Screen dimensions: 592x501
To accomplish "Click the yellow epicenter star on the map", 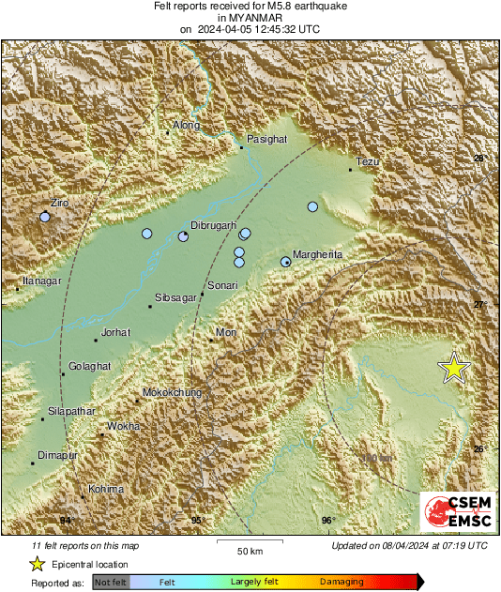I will pos(454,368).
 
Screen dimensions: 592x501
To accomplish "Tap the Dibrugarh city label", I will pos(211,225).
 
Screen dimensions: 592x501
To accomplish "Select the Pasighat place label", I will pos(266,138).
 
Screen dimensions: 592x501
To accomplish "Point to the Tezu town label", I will pos(368,162).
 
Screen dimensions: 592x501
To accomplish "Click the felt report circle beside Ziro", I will pos(44,217).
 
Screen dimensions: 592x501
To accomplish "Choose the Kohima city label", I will pos(105,489).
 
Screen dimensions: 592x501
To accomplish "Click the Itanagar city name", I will pos(41,281).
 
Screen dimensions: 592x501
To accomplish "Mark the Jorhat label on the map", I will pos(115,332).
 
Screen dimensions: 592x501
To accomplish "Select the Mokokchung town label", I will pos(172,393).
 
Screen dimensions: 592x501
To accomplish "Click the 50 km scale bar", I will pos(248,543).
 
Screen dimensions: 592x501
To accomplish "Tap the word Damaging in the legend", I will pos(342,583).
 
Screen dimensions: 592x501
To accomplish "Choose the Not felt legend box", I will pos(111,583).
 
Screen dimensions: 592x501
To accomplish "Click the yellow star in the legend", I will pos(37,564).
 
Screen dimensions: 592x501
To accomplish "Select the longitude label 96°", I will pos(328,521).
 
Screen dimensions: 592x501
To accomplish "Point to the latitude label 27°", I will pos(479,305).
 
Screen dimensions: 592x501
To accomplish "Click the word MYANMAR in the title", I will pos(249,18).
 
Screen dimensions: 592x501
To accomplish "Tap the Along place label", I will pos(187,125).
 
